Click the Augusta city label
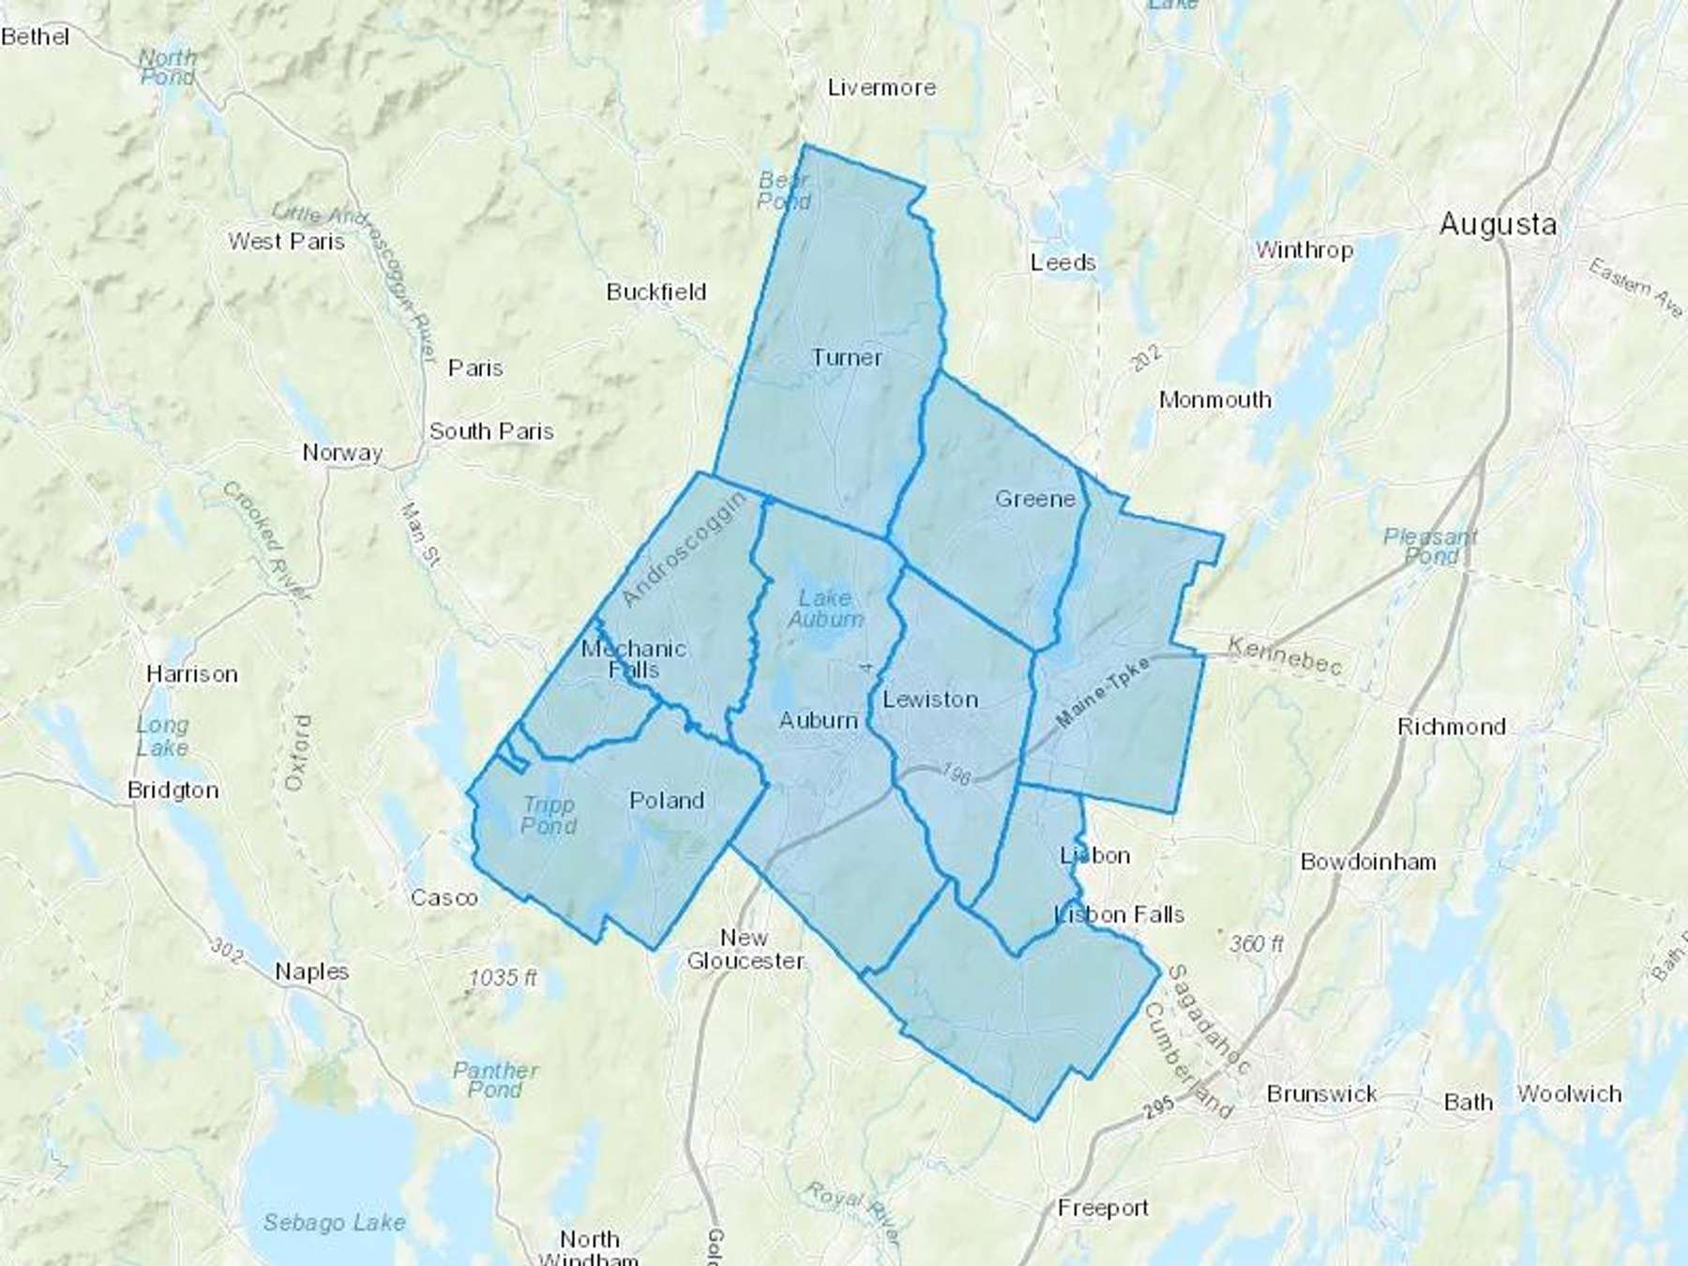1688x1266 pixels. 1498,224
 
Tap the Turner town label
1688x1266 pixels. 847,357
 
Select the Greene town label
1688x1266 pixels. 1034,499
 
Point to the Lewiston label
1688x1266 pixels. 930,700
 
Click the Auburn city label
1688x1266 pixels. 819,720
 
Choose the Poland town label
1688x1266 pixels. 667,801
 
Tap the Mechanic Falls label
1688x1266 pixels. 634,659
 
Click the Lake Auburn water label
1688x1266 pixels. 825,609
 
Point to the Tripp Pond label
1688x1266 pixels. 549,815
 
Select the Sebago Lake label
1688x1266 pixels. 334,1223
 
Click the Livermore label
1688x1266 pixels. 882,88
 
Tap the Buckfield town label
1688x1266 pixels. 656,292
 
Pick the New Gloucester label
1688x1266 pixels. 745,949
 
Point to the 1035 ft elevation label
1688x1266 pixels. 504,978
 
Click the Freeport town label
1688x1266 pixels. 1103,1208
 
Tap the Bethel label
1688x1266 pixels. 36,37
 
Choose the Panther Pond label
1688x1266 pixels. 495,1079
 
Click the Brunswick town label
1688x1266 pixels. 1321,1093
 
